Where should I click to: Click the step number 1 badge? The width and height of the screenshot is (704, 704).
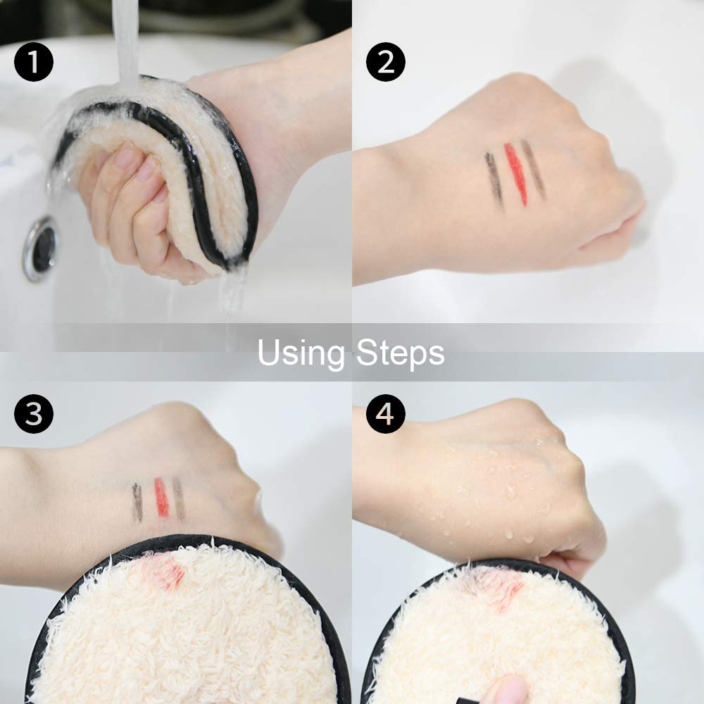point(34,62)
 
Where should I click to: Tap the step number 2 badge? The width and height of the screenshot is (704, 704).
point(386,62)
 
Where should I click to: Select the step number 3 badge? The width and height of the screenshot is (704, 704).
point(34,414)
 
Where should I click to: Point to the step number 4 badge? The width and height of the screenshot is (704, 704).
point(386,414)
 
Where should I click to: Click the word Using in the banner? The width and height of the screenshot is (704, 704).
point(301,354)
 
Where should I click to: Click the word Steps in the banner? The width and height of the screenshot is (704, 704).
point(401,354)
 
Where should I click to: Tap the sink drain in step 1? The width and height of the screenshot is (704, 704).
point(41,249)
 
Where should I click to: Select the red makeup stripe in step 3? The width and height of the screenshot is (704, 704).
point(162,497)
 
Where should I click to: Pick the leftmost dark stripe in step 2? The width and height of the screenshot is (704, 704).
point(494,180)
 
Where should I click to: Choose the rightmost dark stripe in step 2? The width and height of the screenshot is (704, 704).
point(534,169)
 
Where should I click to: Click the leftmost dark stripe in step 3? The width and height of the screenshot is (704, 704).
point(137,503)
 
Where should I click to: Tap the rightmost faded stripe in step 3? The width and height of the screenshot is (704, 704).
point(179,498)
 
